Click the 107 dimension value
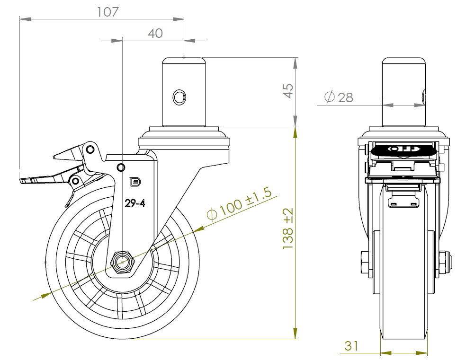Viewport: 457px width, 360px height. point(108,12)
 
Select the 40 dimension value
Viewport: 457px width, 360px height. point(155,33)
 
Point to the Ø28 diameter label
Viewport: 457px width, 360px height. point(339,97)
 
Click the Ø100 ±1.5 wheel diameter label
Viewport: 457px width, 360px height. point(239,206)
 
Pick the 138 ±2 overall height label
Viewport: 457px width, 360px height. point(288,229)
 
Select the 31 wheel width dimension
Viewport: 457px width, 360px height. point(351,346)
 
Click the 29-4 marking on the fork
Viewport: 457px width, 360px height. point(134,203)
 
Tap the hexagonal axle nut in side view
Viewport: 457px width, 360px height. point(123,262)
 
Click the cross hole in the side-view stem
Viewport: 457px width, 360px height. point(179,97)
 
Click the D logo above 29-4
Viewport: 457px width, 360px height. point(135,182)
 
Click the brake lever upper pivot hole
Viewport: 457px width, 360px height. point(89,150)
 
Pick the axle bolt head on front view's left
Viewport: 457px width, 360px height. point(365,263)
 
